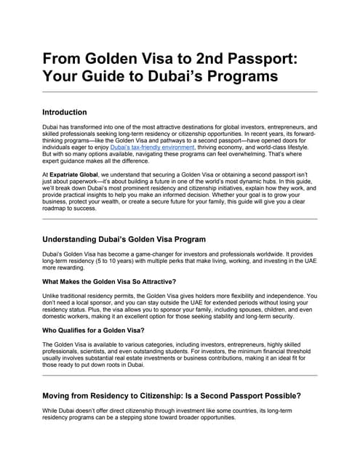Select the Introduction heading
coord(75,113)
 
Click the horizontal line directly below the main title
coord(180,92)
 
